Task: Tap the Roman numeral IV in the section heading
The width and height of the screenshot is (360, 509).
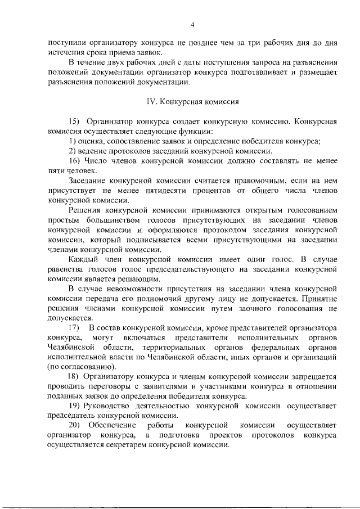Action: (x=149, y=102)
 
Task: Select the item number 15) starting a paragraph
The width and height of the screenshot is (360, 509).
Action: (x=75, y=121)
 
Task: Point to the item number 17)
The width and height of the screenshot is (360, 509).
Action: (x=74, y=327)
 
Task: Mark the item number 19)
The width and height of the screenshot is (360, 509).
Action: (x=75, y=406)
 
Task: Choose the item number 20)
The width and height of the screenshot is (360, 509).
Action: (x=75, y=425)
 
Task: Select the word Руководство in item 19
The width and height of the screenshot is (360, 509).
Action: (x=110, y=406)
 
